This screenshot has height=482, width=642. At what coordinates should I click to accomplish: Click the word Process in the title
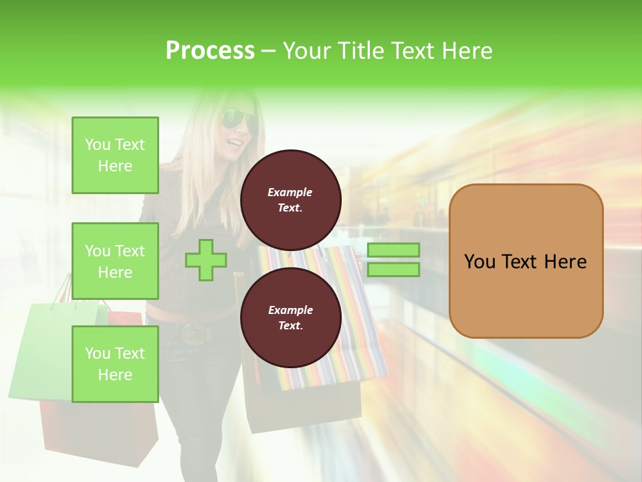pyautogui.click(x=210, y=51)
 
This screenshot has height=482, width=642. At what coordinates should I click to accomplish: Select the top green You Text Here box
pyautogui.click(x=115, y=155)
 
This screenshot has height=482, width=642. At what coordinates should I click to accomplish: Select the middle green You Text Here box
pyautogui.click(x=115, y=261)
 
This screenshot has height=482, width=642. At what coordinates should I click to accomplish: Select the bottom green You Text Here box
pyautogui.click(x=115, y=364)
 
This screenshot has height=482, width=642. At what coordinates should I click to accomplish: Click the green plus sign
pyautogui.click(x=206, y=260)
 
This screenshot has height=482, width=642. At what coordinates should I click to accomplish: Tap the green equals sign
pyautogui.click(x=393, y=260)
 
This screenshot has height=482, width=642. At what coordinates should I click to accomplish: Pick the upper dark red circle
pyautogui.click(x=290, y=200)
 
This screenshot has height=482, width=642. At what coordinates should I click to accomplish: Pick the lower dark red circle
pyautogui.click(x=290, y=318)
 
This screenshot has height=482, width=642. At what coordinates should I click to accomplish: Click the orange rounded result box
pyautogui.click(x=526, y=261)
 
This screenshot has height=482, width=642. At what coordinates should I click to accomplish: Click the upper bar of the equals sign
pyautogui.click(x=393, y=250)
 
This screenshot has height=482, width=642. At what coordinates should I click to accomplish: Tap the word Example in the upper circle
pyautogui.click(x=290, y=192)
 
